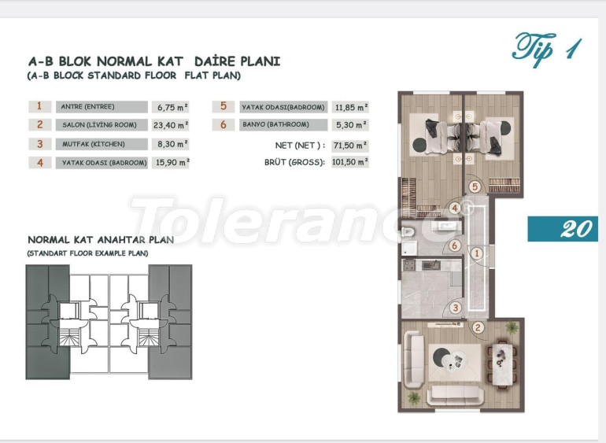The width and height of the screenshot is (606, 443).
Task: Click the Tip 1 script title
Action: pos(546,49)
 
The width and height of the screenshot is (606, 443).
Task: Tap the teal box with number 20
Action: pos(563,228)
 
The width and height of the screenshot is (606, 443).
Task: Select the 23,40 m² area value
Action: pos(171,125)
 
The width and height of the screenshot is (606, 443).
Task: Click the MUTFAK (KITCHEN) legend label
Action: pos(102,144)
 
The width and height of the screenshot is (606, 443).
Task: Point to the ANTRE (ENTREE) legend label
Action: pos(102,107)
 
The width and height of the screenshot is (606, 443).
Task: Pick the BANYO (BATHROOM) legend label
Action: pos(283,125)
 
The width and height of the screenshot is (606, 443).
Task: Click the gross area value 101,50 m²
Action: pos(350,162)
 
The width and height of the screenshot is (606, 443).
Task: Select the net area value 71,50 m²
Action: pos(350,146)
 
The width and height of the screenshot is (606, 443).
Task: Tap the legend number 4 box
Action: pos(40,163)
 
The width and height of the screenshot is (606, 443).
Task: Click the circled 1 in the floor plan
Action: pos(476,253)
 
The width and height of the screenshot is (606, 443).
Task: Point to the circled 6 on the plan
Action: pos(455,245)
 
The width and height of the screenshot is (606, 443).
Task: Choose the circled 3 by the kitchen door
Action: pos(456,308)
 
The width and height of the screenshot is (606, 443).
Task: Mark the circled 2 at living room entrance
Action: pos(478,328)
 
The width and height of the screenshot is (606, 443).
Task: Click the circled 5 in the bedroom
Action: pos(475,187)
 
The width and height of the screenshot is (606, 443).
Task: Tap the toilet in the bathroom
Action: pos(408,231)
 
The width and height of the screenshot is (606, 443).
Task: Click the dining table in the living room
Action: pos(502,363)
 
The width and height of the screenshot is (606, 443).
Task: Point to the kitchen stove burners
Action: pos(409,266)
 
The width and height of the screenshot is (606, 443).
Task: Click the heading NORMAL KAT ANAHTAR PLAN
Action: pos(101,240)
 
